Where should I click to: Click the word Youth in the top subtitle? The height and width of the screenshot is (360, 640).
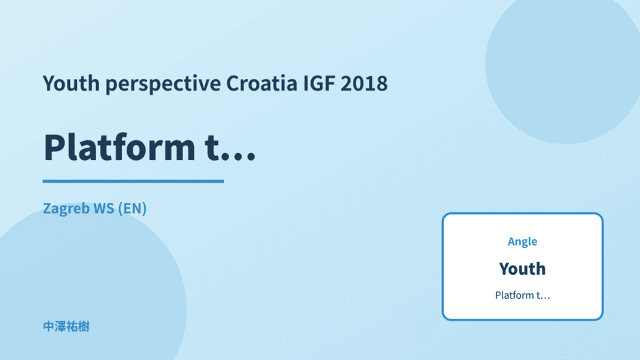point(71,83)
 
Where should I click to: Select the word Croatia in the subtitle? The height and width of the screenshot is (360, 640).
point(262,83)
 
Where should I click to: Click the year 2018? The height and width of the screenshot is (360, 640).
point(364,83)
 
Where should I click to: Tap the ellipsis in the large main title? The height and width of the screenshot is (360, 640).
point(240,156)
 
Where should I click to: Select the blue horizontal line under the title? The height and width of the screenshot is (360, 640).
point(133,181)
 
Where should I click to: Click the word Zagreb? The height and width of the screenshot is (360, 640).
point(66,209)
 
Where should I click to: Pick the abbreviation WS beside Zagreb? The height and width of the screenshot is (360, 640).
point(103,208)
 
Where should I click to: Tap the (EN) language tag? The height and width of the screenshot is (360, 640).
point(132,208)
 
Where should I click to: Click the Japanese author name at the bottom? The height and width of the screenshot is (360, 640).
point(66,327)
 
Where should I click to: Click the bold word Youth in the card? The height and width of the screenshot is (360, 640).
point(522,269)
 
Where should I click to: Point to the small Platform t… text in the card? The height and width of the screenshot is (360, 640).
point(522,295)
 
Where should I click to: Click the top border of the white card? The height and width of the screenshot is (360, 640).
point(522,214)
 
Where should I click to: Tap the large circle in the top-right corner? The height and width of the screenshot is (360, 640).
point(563,65)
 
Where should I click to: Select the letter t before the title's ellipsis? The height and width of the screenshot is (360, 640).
point(213,148)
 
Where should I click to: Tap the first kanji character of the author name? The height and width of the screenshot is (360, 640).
point(48,327)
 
